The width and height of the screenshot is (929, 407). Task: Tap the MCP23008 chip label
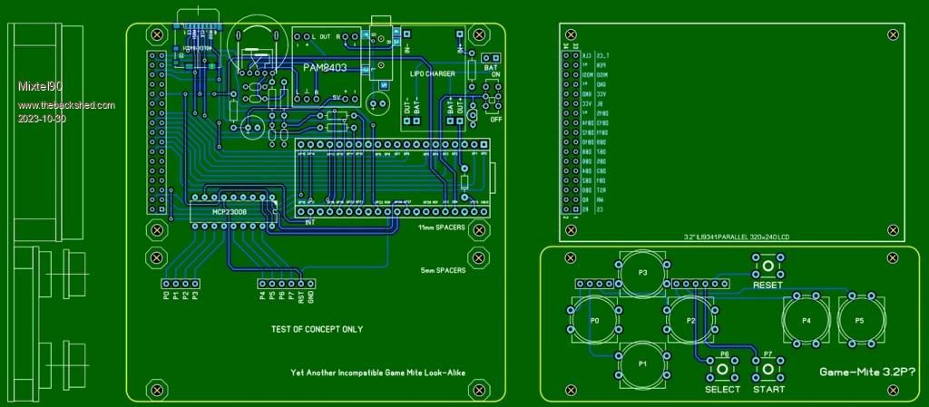230,211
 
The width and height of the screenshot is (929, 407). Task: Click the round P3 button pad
643,273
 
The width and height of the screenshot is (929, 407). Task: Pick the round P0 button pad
594,321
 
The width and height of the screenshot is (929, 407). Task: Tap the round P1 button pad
643,363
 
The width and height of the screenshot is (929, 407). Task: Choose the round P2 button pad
690,321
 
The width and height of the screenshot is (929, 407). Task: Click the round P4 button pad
807,321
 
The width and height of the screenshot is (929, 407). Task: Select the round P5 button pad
859,321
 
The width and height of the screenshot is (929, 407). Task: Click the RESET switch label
767,285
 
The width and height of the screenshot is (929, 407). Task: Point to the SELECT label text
723,390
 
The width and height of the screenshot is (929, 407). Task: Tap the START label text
768,390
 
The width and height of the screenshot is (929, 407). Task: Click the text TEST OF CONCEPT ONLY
317,329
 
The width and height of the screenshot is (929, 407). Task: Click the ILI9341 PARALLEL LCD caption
736,237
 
